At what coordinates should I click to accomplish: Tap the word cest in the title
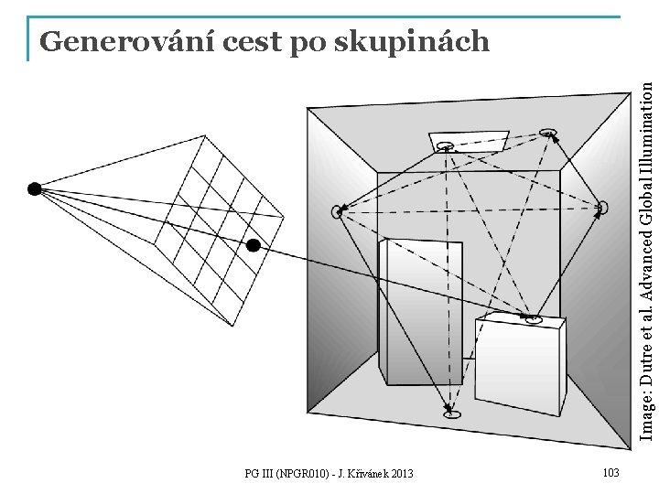(x=221, y=41)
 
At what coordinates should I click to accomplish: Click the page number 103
(x=612, y=472)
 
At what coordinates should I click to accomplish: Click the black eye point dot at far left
(x=34, y=189)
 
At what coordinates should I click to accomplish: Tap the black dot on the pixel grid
(x=254, y=245)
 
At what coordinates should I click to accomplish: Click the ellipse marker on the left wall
(x=339, y=212)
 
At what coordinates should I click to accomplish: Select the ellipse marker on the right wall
(x=601, y=208)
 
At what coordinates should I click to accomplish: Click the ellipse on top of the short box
(x=534, y=319)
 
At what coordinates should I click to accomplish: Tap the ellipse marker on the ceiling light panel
(x=446, y=145)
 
